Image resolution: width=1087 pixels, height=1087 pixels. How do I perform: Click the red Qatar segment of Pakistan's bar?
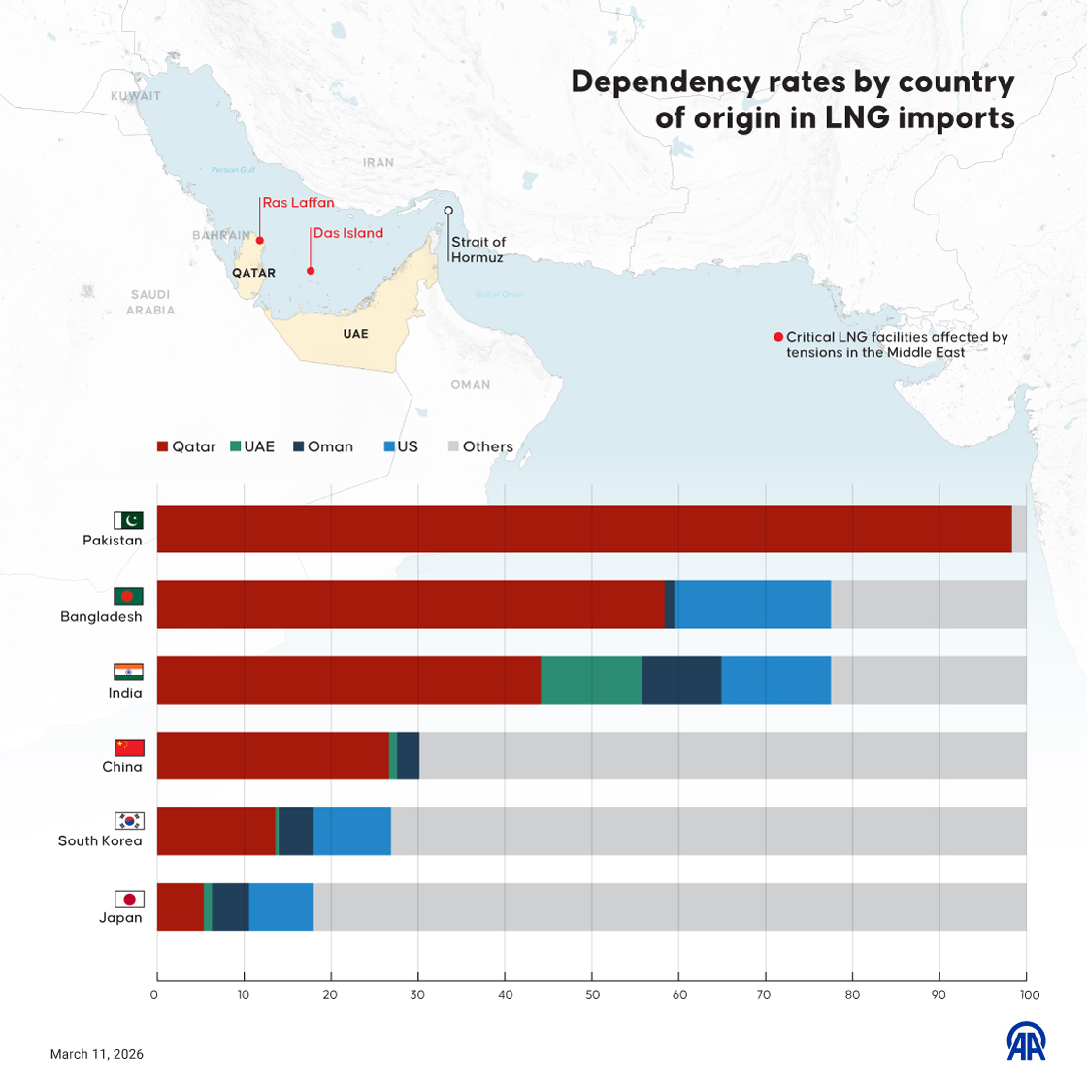582,529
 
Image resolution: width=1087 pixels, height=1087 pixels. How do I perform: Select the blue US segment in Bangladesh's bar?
752,605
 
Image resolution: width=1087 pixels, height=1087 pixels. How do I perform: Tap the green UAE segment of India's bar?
591,679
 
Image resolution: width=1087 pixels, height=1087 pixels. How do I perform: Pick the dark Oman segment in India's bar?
681,679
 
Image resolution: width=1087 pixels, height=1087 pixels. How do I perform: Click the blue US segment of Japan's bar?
280,906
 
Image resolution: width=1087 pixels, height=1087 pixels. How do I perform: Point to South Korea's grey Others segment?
708,831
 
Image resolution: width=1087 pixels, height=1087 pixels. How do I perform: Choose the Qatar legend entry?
186,446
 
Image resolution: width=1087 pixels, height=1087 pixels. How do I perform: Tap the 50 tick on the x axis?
592,995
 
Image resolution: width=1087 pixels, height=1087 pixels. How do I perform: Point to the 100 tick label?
1030,995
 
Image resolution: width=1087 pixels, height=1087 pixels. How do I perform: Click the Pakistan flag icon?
128,520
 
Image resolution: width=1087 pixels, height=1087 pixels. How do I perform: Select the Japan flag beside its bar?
129,899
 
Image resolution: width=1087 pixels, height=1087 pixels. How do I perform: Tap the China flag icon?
129,747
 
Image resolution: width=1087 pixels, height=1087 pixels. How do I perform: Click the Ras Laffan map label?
298,203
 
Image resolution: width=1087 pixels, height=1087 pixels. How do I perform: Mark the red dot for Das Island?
311,271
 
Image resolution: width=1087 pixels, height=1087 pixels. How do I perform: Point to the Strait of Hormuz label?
478,249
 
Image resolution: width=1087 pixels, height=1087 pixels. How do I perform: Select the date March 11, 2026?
97,1054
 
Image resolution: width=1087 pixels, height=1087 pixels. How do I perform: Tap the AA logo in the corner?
1026,1041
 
